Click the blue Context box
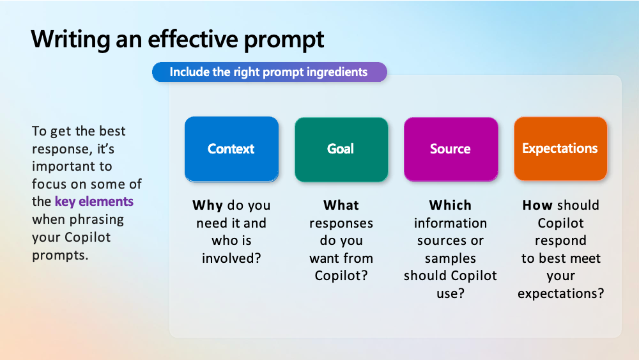231,149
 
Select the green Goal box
341,149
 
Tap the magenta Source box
450,149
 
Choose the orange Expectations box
560,149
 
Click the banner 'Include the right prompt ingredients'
269,72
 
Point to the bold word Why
208,205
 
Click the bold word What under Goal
341,205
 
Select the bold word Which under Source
450,205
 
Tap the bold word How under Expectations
537,205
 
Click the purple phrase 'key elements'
94,201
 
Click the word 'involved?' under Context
231,258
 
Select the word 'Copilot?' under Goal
341,276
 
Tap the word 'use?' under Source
450,293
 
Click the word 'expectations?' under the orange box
560,293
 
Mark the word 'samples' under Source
450,258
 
